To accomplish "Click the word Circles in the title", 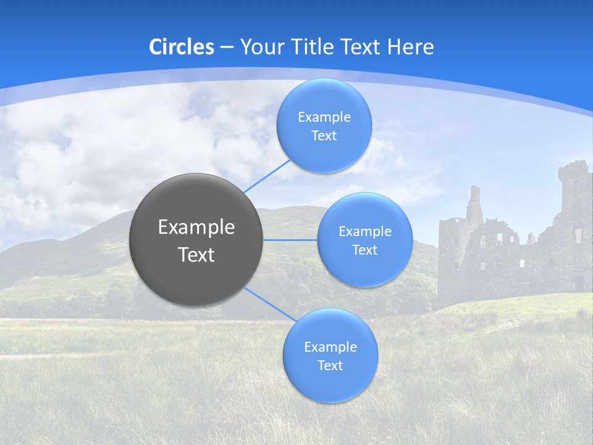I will coord(182,47).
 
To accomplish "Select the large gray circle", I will coord(196,239).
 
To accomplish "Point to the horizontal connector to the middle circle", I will coord(290,240).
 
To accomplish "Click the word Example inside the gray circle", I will coord(196,227).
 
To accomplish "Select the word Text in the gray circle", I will coord(196,255).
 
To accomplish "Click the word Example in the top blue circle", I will coord(324,117).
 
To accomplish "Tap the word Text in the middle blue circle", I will coord(364,250).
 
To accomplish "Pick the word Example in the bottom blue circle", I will coord(330,347).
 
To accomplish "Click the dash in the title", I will coord(227,47).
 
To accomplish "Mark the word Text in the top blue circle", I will coord(324,135).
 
